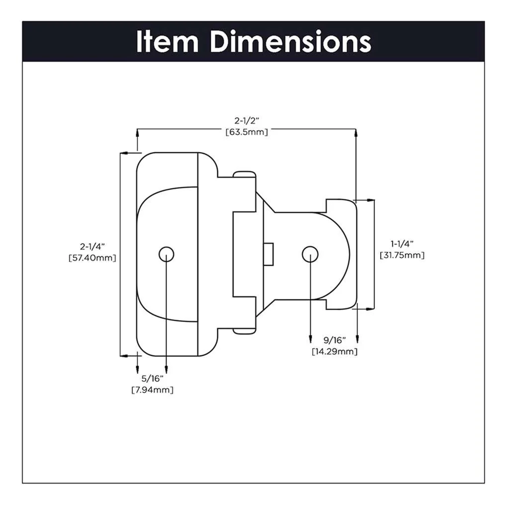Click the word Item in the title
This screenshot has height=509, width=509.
(x=167, y=42)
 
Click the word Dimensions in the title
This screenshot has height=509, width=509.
(x=290, y=42)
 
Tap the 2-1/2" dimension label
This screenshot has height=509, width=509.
(x=247, y=121)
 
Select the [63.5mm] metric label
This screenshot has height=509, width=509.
(x=247, y=132)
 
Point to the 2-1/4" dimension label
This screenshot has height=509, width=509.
(x=93, y=246)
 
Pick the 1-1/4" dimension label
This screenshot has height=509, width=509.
(x=402, y=244)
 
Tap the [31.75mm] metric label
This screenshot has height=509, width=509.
(x=402, y=255)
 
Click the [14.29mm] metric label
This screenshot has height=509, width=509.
(x=335, y=351)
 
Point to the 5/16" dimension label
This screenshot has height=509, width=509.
(x=152, y=379)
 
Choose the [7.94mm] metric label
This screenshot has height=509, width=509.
(x=152, y=390)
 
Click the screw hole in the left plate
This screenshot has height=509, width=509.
(x=167, y=254)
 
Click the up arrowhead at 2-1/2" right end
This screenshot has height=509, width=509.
(x=356, y=132)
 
